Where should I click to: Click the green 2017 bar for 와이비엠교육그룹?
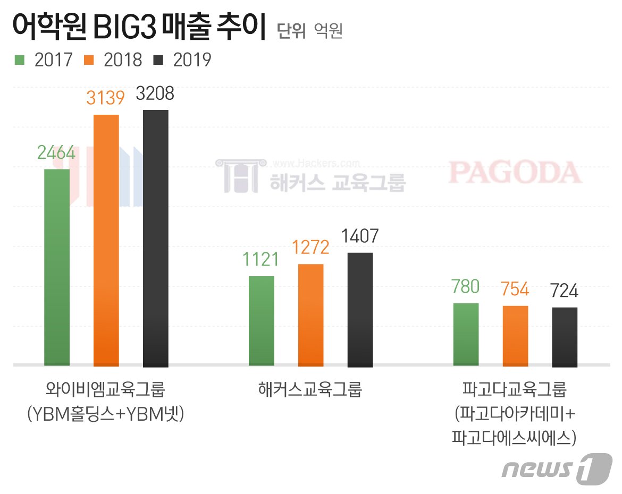point(57,267)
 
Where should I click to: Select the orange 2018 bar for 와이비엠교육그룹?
point(106,240)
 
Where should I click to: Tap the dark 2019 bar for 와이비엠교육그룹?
point(156,238)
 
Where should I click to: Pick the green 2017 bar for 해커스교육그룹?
point(262,321)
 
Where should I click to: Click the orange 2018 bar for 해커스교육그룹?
point(311,315)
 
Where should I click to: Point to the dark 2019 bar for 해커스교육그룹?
point(360,309)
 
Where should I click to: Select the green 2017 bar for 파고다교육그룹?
point(466,335)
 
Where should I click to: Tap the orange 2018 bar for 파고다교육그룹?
point(515,336)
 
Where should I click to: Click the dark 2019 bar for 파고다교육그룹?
point(565,337)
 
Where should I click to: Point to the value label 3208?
point(155,94)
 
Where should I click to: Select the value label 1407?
point(360,236)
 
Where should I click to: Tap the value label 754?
point(515,289)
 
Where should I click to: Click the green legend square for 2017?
point(20,59)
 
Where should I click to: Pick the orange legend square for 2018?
point(89,59)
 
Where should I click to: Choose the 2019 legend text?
point(192,59)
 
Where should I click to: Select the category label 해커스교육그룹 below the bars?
point(310,390)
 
